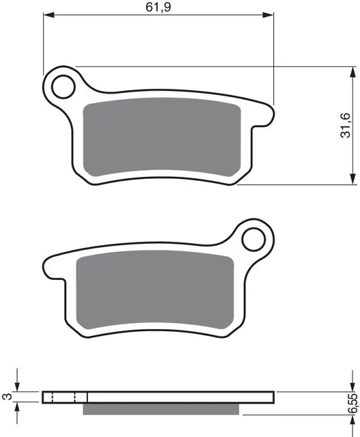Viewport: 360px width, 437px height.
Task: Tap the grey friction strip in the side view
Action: pos(162,408)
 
